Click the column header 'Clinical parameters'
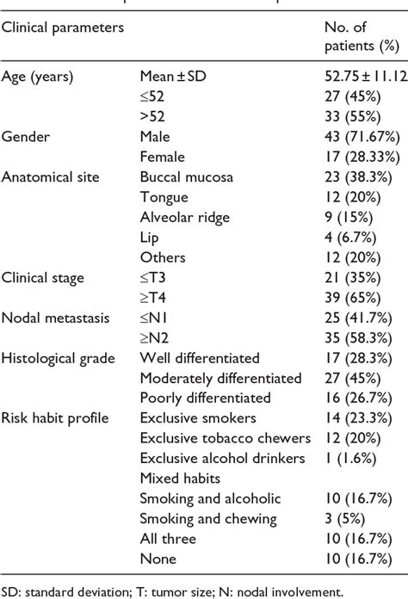coord(63,27)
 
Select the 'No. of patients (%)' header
coord(355,36)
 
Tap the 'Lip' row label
coord(149,238)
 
